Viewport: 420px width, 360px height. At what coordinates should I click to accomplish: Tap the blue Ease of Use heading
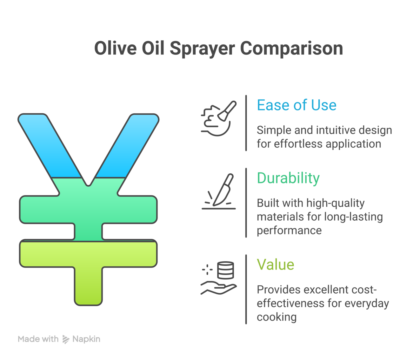coord(297,105)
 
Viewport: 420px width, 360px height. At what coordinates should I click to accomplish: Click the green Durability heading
coord(288,178)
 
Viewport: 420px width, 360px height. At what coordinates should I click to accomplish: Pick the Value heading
coord(275,264)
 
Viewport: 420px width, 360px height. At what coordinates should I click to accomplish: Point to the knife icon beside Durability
coord(223,190)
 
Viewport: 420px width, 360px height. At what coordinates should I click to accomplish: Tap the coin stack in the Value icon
coord(225,270)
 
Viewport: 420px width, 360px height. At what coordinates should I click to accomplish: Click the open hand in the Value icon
coord(219,288)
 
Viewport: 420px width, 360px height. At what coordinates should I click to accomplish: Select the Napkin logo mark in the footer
coord(66,339)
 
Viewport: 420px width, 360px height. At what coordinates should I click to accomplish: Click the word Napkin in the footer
coord(86,339)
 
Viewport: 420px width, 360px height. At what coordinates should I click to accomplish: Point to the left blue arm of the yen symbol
coord(50,145)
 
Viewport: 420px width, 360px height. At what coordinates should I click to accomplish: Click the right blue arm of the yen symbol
coord(127,145)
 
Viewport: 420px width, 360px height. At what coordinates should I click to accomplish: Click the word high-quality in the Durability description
coord(336,203)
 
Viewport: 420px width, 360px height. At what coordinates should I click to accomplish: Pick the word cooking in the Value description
coord(277,317)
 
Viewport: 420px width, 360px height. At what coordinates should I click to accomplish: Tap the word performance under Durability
coord(289,231)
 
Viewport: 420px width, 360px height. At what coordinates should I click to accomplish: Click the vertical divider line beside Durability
coord(246,203)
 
